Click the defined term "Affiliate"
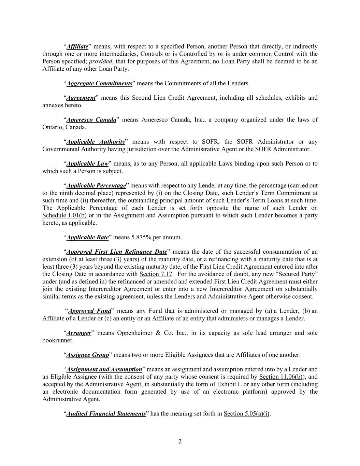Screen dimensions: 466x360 (x=77, y=46)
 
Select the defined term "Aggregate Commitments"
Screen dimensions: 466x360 (x=99, y=83)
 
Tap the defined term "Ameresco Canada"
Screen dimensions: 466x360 (x=91, y=120)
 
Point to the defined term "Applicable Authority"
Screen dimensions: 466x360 (x=96, y=142)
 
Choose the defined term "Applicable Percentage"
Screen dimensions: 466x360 (x=96, y=186)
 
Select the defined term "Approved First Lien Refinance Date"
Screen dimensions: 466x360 (x=117, y=252)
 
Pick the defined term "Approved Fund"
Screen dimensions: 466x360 (x=90, y=311)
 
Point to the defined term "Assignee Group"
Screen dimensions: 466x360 (x=87, y=355)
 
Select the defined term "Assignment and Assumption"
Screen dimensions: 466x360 (x=104, y=369)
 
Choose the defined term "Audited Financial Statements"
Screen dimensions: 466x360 (x=106, y=414)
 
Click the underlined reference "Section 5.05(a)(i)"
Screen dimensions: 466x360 (x=247, y=414)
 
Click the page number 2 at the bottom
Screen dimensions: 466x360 (x=180, y=442)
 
